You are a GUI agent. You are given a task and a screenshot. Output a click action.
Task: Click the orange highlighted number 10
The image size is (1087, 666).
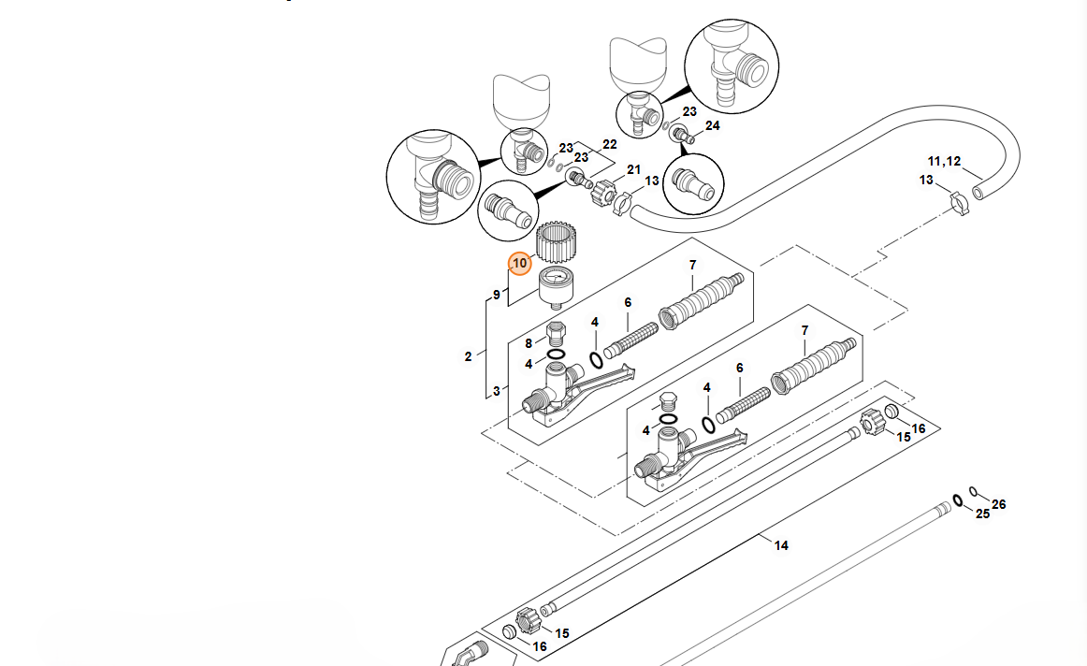(x=520, y=265)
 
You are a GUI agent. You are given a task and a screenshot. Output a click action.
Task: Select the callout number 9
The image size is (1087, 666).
(x=497, y=296)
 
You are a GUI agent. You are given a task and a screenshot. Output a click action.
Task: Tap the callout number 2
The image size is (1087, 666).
(x=469, y=356)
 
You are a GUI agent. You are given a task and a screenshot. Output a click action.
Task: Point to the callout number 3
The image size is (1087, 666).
(x=497, y=390)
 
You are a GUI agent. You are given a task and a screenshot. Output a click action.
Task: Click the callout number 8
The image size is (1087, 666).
(x=529, y=343)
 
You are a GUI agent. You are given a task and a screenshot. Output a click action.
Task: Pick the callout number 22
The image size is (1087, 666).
(x=610, y=144)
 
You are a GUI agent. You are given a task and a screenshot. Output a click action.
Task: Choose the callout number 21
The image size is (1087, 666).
(x=633, y=169)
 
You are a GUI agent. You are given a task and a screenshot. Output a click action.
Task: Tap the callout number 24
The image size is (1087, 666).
(x=713, y=125)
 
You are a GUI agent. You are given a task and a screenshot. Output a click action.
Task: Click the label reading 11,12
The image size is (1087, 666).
(x=944, y=161)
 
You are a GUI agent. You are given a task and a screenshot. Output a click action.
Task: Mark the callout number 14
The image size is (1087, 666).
(x=781, y=545)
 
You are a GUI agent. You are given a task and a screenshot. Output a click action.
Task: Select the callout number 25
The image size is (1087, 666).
(x=982, y=514)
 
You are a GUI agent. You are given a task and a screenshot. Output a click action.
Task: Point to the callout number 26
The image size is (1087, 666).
(x=999, y=504)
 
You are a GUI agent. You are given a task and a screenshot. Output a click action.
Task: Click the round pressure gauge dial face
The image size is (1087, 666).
(x=556, y=278)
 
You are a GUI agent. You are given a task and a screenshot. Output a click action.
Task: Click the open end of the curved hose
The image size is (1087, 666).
(x=978, y=191)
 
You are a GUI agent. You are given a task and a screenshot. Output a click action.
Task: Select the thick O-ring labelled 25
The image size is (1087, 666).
(x=957, y=499)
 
